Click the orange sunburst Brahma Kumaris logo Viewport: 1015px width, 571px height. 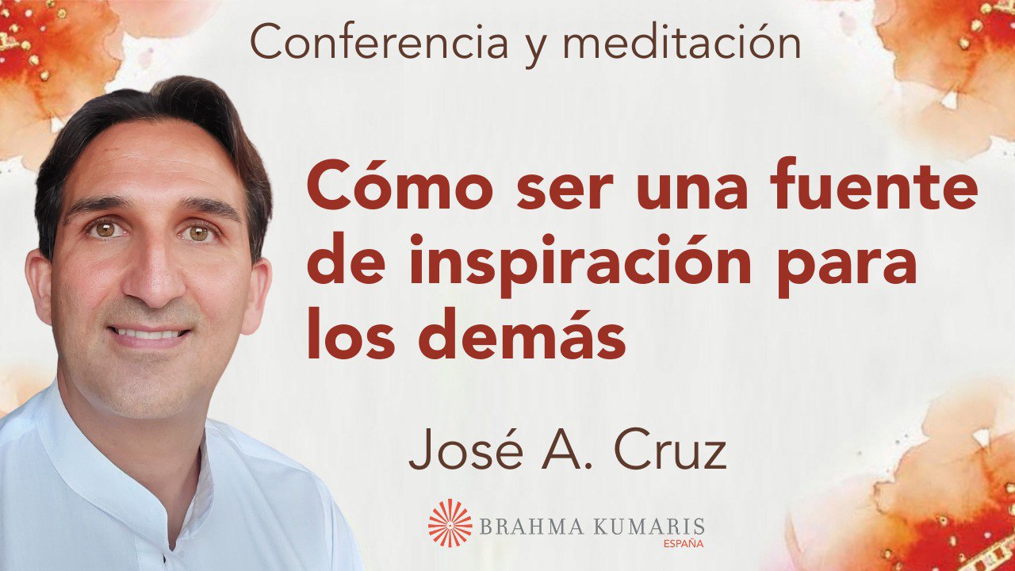(x=450, y=523)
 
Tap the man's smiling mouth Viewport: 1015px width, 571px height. (x=151, y=333)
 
